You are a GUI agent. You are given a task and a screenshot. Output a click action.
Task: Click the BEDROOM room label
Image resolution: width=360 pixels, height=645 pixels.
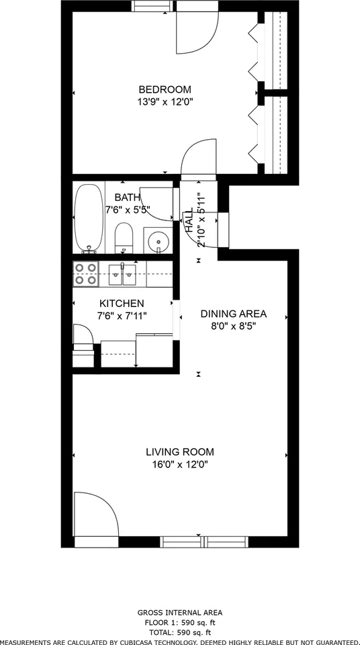click(165, 89)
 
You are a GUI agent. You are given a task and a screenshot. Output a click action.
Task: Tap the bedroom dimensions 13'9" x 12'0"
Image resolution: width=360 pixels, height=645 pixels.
click(165, 102)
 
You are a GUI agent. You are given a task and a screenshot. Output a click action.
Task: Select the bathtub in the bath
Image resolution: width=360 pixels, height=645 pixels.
click(89, 218)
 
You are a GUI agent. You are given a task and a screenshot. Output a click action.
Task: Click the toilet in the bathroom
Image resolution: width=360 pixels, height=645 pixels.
click(124, 238)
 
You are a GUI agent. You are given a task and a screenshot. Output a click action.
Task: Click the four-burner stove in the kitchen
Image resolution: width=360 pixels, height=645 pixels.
click(86, 274)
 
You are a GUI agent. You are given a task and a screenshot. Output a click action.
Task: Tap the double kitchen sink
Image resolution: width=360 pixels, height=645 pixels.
click(122, 274)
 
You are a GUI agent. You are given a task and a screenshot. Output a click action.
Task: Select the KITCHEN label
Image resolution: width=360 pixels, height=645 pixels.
click(122, 304)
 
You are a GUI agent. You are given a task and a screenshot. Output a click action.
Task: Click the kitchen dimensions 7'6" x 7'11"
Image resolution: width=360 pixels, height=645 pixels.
click(122, 316)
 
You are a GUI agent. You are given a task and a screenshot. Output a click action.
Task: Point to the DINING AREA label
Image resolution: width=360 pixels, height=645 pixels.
click(234, 314)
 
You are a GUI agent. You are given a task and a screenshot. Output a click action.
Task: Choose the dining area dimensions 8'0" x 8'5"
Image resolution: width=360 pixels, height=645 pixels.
click(234, 327)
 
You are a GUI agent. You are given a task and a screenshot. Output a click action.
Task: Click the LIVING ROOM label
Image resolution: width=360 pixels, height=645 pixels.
click(180, 452)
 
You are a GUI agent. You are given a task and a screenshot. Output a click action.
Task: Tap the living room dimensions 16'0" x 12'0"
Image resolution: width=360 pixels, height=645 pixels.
click(180, 465)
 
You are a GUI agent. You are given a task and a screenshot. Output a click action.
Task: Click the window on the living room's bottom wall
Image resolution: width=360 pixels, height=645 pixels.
click(204, 542)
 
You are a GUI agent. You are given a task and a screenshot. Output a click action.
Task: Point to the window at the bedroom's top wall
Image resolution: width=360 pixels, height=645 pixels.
click(152, 6)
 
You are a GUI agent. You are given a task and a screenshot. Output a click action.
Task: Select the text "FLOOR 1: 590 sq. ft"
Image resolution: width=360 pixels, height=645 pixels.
click(180, 622)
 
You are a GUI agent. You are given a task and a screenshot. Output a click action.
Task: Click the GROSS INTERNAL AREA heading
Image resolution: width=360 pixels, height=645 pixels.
click(180, 613)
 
